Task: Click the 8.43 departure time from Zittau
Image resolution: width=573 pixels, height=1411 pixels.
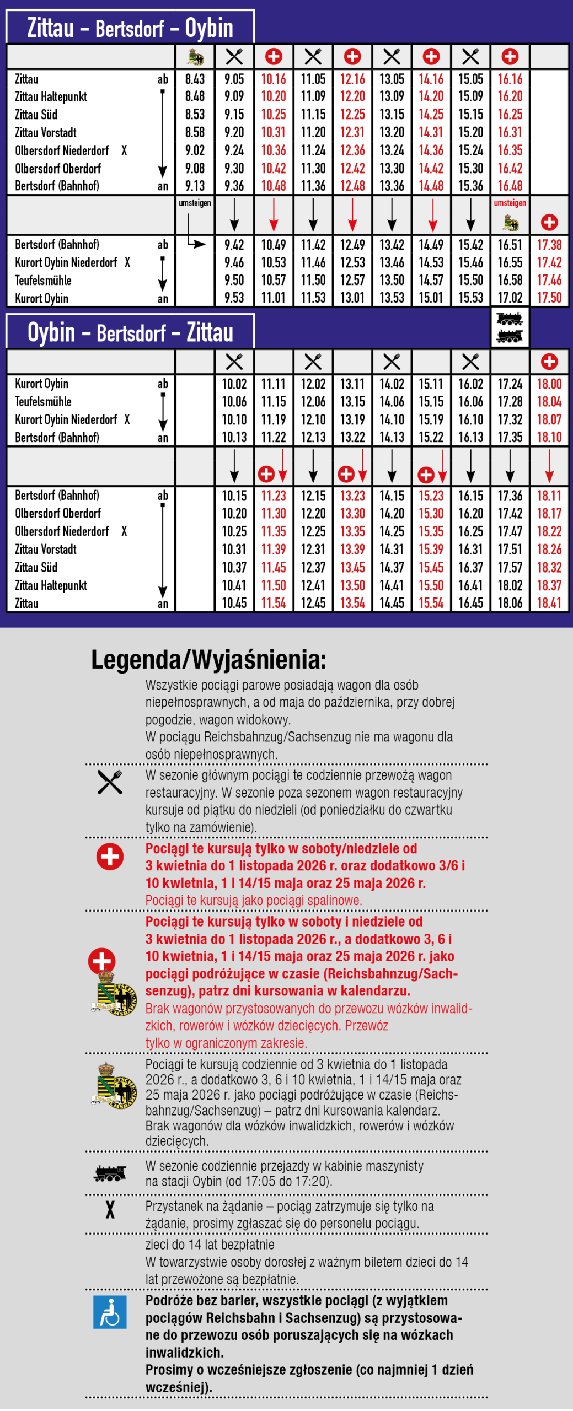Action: pyautogui.click(x=195, y=79)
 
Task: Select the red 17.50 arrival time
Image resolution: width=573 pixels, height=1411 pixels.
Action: pyautogui.click(x=549, y=298)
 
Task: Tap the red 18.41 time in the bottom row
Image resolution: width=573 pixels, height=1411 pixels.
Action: pyautogui.click(x=549, y=603)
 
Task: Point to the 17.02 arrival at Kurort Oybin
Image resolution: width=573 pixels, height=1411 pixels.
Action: pyautogui.click(x=510, y=298)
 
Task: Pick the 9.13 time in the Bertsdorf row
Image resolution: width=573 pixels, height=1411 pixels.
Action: pyautogui.click(x=195, y=186)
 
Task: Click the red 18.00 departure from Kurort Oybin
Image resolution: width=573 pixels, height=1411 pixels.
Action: pyautogui.click(x=549, y=384)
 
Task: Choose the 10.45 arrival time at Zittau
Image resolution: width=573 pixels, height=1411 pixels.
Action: pyautogui.click(x=234, y=603)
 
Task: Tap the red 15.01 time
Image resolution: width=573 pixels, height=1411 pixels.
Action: pyautogui.click(x=431, y=298)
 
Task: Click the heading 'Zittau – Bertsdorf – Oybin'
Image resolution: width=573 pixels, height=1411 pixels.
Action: pyautogui.click(x=130, y=28)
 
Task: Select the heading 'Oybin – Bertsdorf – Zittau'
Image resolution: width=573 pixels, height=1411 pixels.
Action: pyautogui.click(x=130, y=332)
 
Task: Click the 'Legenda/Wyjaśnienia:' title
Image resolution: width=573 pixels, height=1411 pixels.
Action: pyautogui.click(x=208, y=659)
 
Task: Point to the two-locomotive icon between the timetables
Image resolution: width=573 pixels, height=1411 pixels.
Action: pyautogui.click(x=510, y=327)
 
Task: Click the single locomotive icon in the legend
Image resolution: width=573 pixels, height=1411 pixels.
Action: pyautogui.click(x=110, y=1173)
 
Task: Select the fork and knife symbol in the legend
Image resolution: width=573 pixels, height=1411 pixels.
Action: pyautogui.click(x=110, y=782)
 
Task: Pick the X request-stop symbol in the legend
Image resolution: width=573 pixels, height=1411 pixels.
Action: pyautogui.click(x=110, y=1209)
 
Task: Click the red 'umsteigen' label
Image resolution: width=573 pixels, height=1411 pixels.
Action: pyautogui.click(x=510, y=203)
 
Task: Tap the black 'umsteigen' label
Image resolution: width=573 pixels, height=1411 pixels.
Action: pyautogui.click(x=195, y=203)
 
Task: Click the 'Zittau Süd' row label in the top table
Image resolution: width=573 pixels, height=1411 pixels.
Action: pyautogui.click(x=36, y=115)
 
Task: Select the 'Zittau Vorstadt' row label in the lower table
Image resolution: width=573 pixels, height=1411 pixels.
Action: pyautogui.click(x=46, y=549)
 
